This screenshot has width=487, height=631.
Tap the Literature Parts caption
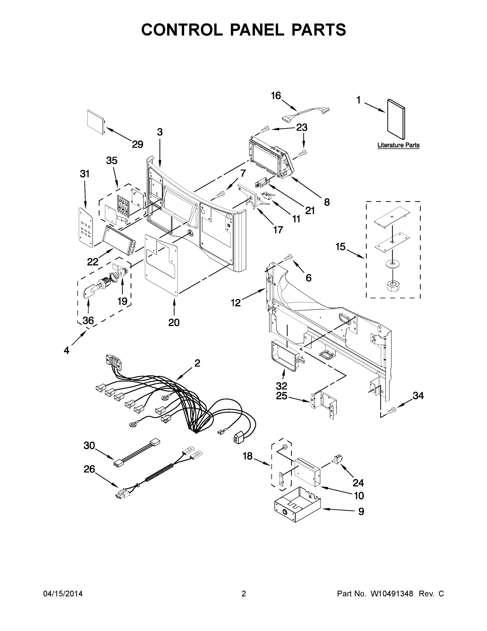point(398,145)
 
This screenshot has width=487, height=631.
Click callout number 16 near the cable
point(276,96)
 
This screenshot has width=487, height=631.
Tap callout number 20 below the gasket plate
point(174,322)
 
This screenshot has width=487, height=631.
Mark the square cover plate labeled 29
point(96,122)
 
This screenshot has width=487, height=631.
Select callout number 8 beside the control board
point(327,202)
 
